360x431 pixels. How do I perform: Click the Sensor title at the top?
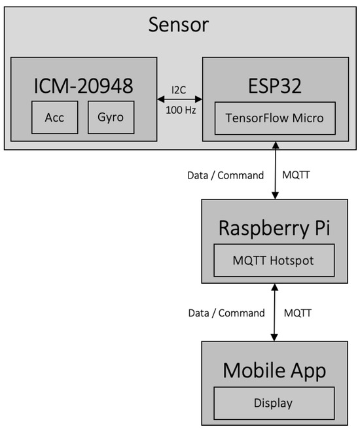coord(178,25)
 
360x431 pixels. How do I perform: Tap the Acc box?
coord(55,117)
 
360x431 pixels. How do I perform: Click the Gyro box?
coord(111,117)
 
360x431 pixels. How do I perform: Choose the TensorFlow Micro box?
coord(274,118)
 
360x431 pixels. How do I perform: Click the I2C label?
coord(179,89)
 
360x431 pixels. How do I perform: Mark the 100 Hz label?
coord(179,110)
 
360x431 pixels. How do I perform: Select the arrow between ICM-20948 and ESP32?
coord(179,99)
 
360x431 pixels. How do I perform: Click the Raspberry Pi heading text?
coord(274,228)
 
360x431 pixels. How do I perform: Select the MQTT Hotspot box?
coord(274,260)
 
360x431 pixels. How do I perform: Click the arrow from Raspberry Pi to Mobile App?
coord(274,312)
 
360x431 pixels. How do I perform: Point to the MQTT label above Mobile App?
coord(298,313)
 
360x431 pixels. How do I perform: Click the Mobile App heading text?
coord(274,370)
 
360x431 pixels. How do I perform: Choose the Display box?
coord(274,403)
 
